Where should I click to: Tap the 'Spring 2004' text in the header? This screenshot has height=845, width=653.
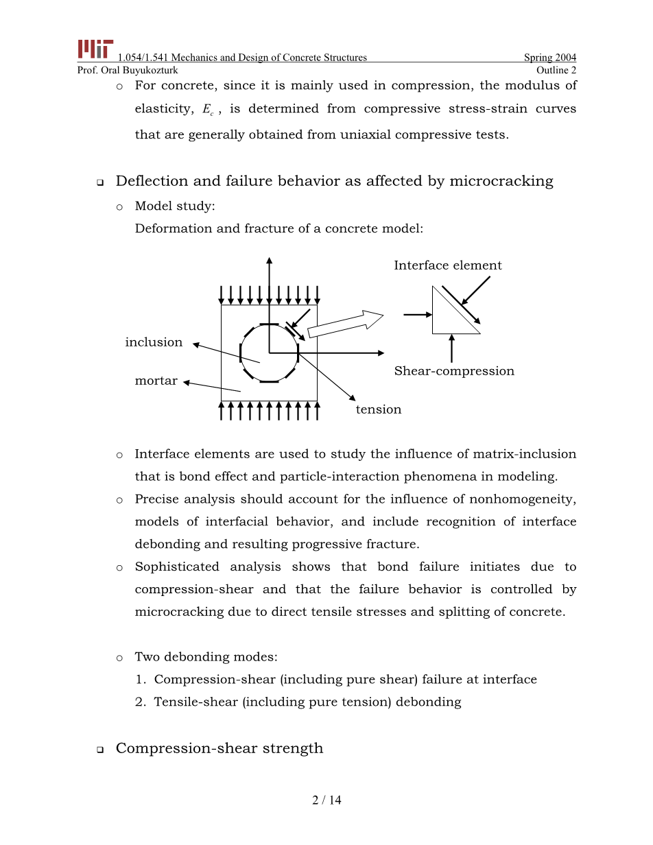550,58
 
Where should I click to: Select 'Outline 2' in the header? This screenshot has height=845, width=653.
556,70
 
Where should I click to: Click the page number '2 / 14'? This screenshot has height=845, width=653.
326,800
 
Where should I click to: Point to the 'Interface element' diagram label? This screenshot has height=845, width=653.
447,265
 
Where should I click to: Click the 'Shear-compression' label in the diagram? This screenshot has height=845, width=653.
453,371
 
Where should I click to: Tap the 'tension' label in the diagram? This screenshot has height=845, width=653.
378,409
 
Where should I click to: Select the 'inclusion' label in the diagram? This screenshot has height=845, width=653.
154,342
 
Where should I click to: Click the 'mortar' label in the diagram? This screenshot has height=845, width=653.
156,381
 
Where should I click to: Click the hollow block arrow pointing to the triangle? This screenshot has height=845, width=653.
345,324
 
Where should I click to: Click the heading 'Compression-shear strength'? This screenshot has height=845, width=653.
219,748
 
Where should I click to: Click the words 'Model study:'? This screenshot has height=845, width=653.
174,206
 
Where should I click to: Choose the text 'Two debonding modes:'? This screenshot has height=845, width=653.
206,657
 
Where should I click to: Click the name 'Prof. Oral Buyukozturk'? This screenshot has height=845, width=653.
128,70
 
